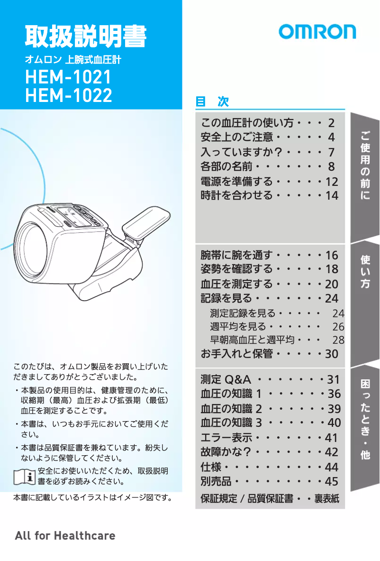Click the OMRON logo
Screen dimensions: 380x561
(317, 32)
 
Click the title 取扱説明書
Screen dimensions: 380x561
(86, 36)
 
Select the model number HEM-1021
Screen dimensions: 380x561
(68, 77)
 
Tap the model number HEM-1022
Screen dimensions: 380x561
(68, 95)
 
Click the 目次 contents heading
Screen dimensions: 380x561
(212, 101)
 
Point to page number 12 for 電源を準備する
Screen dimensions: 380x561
(332, 182)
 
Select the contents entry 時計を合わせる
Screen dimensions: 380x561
(236, 195)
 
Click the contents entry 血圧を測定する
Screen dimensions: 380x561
(236, 284)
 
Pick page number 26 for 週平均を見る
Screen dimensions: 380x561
(338, 327)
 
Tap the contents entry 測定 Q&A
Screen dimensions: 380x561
(226, 379)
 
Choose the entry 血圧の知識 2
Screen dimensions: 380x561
(231, 408)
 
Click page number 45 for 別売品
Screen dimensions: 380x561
(332, 482)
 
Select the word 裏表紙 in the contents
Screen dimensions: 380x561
(327, 499)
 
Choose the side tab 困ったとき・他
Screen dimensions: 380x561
(365, 419)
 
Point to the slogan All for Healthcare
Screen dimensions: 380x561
(65, 535)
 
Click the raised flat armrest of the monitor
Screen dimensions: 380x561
(146, 222)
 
